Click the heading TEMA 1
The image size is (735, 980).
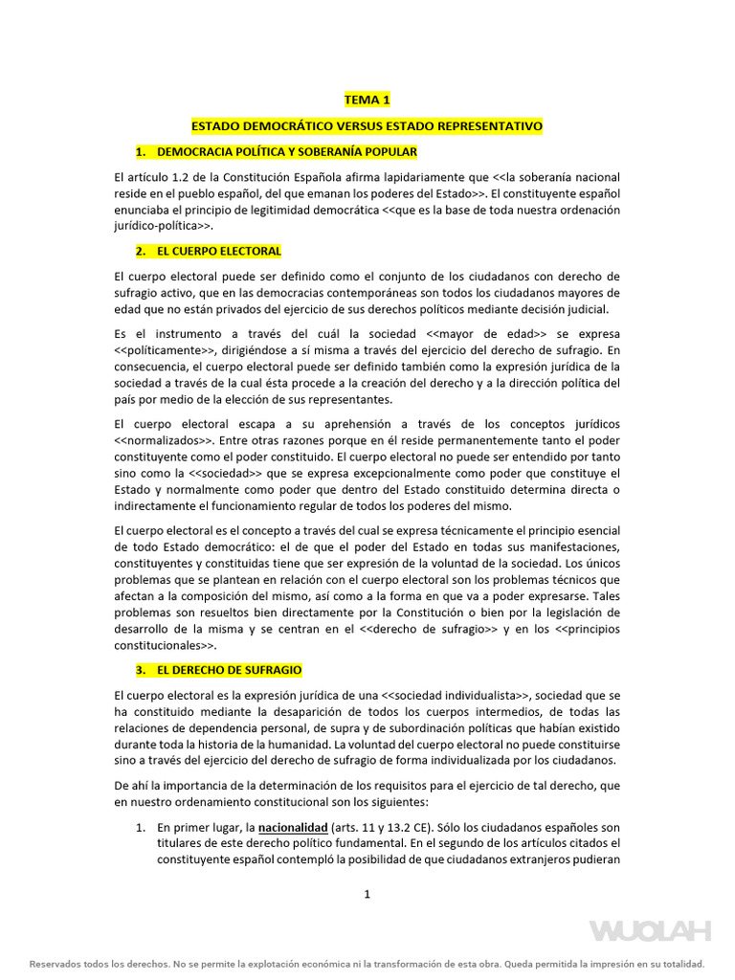point(367,100)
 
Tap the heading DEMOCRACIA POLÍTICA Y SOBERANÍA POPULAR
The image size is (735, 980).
point(286,152)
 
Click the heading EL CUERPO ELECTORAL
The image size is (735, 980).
point(219,251)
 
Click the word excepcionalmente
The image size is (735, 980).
point(389,473)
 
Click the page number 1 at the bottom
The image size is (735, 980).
point(367,894)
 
